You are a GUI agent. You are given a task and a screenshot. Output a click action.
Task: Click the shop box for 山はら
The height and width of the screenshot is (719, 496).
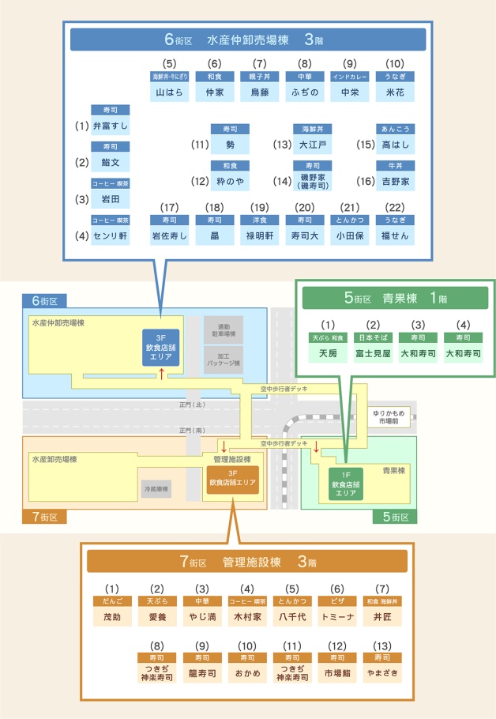169,92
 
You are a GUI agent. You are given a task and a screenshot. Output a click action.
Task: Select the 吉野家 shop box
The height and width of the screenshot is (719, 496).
396,182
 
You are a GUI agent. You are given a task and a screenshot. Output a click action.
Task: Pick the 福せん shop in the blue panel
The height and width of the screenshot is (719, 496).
396,235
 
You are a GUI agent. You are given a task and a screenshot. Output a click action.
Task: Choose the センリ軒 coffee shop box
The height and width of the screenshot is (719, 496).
111,235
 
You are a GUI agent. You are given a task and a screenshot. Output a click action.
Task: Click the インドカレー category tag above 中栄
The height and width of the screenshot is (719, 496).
350,77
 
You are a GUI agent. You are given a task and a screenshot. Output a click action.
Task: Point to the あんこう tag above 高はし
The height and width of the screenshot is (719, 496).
396,129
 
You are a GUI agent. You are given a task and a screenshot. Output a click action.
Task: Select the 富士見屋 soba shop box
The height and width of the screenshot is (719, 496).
374,353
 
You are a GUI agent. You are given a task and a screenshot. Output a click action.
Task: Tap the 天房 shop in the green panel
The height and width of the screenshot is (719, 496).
328,353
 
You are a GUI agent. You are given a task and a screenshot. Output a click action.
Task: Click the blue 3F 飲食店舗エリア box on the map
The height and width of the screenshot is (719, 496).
162,347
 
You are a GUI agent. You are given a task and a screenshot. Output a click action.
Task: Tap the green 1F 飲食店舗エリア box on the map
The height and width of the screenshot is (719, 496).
346,484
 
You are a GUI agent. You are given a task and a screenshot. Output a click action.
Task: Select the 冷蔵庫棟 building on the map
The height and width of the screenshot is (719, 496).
156,489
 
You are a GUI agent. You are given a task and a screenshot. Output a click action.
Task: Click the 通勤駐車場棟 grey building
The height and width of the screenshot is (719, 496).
224,329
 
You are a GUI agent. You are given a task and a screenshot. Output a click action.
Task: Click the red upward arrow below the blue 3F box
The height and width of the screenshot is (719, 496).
162,373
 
